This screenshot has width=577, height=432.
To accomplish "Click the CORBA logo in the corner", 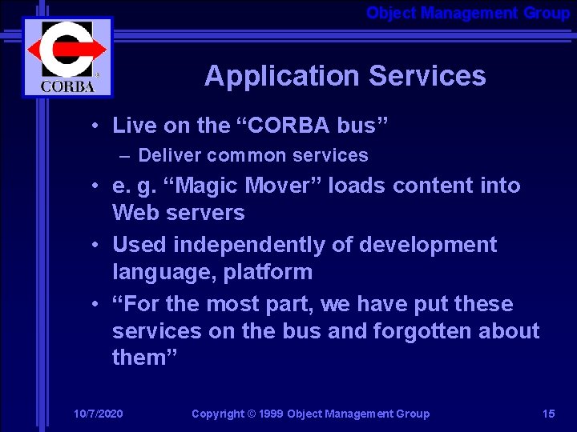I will [x=67, y=57].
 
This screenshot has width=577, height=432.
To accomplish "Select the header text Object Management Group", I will [x=468, y=13].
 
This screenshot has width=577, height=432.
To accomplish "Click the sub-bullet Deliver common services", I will [x=252, y=155].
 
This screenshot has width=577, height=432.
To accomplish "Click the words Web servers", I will [x=178, y=213].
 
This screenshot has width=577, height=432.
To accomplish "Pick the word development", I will [x=426, y=245].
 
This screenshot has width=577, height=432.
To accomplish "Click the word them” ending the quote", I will [x=145, y=358].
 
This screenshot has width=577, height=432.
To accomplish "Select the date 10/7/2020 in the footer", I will [x=98, y=414].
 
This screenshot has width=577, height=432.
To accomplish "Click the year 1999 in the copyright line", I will [x=270, y=414].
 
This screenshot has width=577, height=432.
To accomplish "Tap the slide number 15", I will [x=548, y=414].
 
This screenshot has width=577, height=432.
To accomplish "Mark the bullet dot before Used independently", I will [x=95, y=245].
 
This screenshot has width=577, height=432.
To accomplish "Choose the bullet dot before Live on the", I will [x=95, y=126].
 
